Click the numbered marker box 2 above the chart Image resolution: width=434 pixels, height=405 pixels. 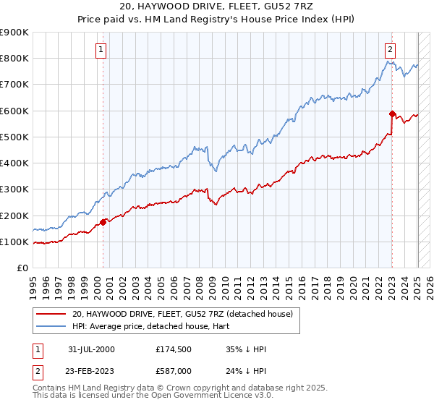coord(390,50)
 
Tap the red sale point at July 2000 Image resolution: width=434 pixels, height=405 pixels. coord(103,222)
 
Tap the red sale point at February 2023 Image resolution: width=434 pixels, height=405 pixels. coord(392,114)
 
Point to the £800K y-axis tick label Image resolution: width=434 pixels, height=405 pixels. coord(14,59)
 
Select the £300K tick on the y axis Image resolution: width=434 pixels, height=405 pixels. coord(14,189)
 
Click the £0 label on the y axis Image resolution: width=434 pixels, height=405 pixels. coord(22,268)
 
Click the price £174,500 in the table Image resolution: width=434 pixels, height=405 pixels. coord(172,349)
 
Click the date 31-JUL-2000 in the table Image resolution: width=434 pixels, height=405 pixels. coord(90,349)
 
